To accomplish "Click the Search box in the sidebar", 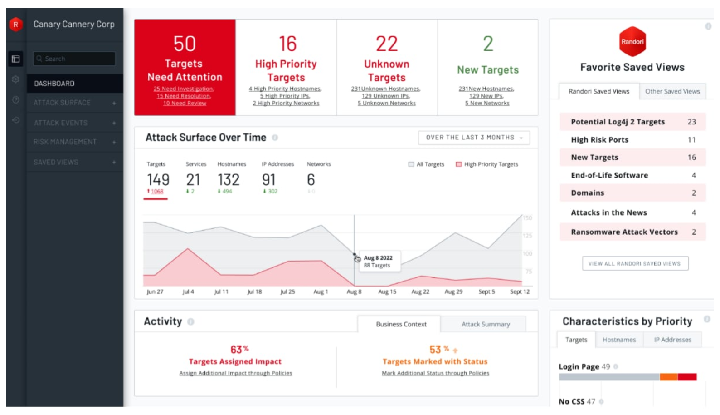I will pos(74,59).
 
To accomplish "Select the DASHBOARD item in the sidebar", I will pos(54,84).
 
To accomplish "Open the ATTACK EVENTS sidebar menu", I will pos(61,123).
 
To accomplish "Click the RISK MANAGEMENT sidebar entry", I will pos(65,142).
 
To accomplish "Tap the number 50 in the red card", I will pos(185,44).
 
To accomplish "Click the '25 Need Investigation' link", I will pos(184,89).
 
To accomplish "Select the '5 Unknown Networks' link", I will pos(387,104).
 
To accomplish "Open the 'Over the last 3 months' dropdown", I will pos(474,138).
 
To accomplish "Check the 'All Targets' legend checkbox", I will pos(411,164).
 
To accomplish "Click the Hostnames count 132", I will pos(228,180).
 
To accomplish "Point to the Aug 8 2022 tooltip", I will pos(378,261).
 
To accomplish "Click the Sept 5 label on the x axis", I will pos(486,292).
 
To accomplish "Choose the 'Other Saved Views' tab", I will pos(672,91).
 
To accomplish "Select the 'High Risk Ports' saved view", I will pos(599,140).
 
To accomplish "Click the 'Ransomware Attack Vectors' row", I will pos(624,232).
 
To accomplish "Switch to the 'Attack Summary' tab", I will pos(486,324).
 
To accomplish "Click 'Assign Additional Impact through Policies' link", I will pos(235,373).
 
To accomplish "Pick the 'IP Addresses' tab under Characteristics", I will pos(672,340).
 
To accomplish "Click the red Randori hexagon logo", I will pos(632,42).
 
